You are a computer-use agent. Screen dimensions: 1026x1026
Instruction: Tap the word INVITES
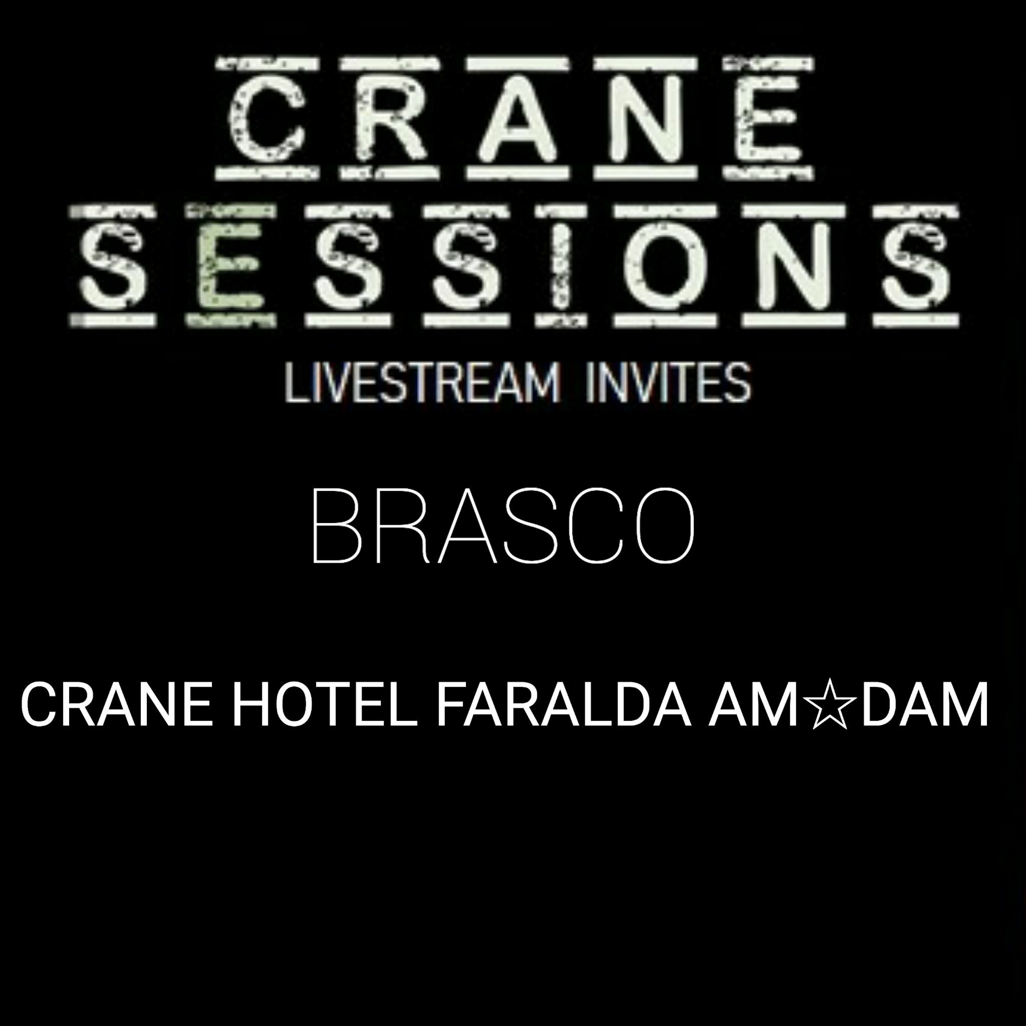coord(668,383)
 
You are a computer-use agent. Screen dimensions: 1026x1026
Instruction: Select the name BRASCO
coord(503,526)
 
